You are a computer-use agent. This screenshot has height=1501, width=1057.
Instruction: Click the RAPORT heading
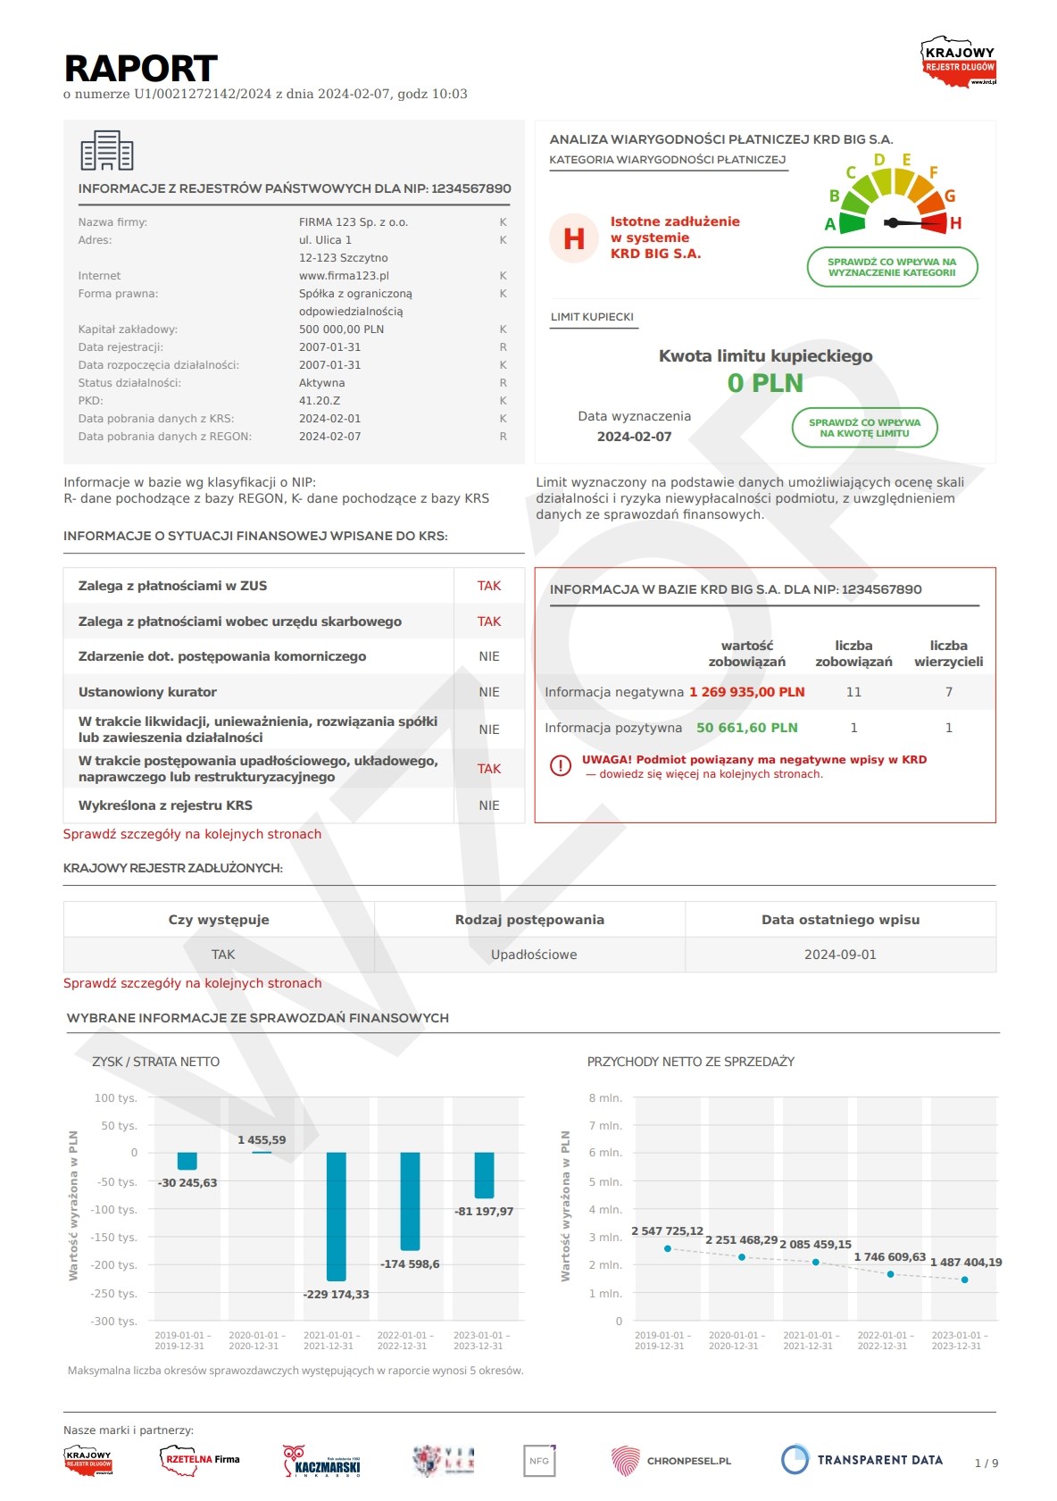pyautogui.click(x=141, y=69)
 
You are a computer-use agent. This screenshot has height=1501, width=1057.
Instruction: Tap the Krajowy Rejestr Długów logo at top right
pyautogui.click(x=959, y=62)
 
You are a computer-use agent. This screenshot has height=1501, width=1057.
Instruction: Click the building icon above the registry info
pyautogui.click(x=106, y=150)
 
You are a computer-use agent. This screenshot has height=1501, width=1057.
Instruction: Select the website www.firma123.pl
pyautogui.click(x=344, y=276)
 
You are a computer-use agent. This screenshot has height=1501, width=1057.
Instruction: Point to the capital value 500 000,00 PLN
pyautogui.click(x=341, y=329)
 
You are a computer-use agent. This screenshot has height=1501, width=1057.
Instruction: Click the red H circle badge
pyautogui.click(x=573, y=238)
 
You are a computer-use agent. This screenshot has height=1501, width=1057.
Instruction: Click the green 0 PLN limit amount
pyautogui.click(x=765, y=383)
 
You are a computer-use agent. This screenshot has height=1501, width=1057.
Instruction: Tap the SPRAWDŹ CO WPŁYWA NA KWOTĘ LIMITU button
pyautogui.click(x=864, y=429)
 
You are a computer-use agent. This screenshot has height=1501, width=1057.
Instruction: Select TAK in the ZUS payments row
pyautogui.click(x=488, y=586)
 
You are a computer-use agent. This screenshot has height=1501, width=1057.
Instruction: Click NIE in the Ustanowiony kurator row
pyautogui.click(x=488, y=692)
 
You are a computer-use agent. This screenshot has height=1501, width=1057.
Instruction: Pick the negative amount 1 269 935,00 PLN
pyautogui.click(x=746, y=692)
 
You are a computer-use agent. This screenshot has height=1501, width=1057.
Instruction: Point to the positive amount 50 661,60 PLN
pyautogui.click(x=746, y=728)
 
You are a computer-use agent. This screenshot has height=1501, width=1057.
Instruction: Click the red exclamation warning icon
pyautogui.click(x=561, y=766)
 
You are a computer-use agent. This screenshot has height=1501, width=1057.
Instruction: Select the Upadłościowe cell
pyautogui.click(x=533, y=955)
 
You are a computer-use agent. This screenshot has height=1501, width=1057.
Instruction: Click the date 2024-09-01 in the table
pyautogui.click(x=840, y=955)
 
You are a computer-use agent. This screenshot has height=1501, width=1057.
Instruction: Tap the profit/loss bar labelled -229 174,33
pyautogui.click(x=336, y=1216)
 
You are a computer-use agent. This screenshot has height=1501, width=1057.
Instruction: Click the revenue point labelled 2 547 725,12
pyautogui.click(x=668, y=1248)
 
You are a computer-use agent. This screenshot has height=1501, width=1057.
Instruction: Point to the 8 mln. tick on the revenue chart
pyautogui.click(x=605, y=1098)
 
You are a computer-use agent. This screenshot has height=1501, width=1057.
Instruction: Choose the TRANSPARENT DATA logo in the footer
pyautogui.click(x=861, y=1460)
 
